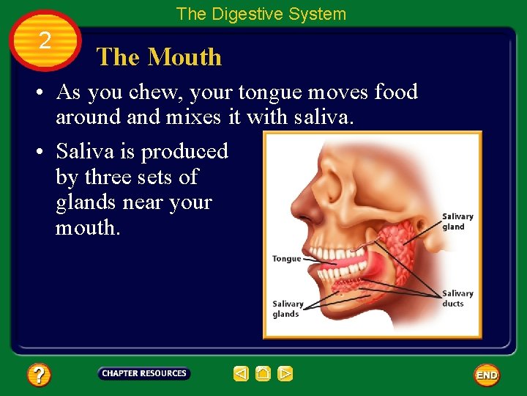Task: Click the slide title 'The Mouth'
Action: (x=159, y=57)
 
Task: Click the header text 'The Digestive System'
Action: (x=261, y=13)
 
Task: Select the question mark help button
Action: (x=39, y=375)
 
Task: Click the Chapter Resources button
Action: (x=144, y=373)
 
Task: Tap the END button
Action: (x=487, y=375)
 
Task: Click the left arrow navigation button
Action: (x=242, y=374)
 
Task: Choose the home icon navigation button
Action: (x=263, y=374)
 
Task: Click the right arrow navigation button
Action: (x=285, y=374)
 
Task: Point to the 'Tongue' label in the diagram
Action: (x=286, y=259)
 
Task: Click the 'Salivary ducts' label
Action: (x=457, y=298)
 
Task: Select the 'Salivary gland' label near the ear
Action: (x=457, y=221)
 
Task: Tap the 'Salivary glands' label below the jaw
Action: (x=288, y=309)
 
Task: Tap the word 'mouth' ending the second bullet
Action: (x=86, y=227)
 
